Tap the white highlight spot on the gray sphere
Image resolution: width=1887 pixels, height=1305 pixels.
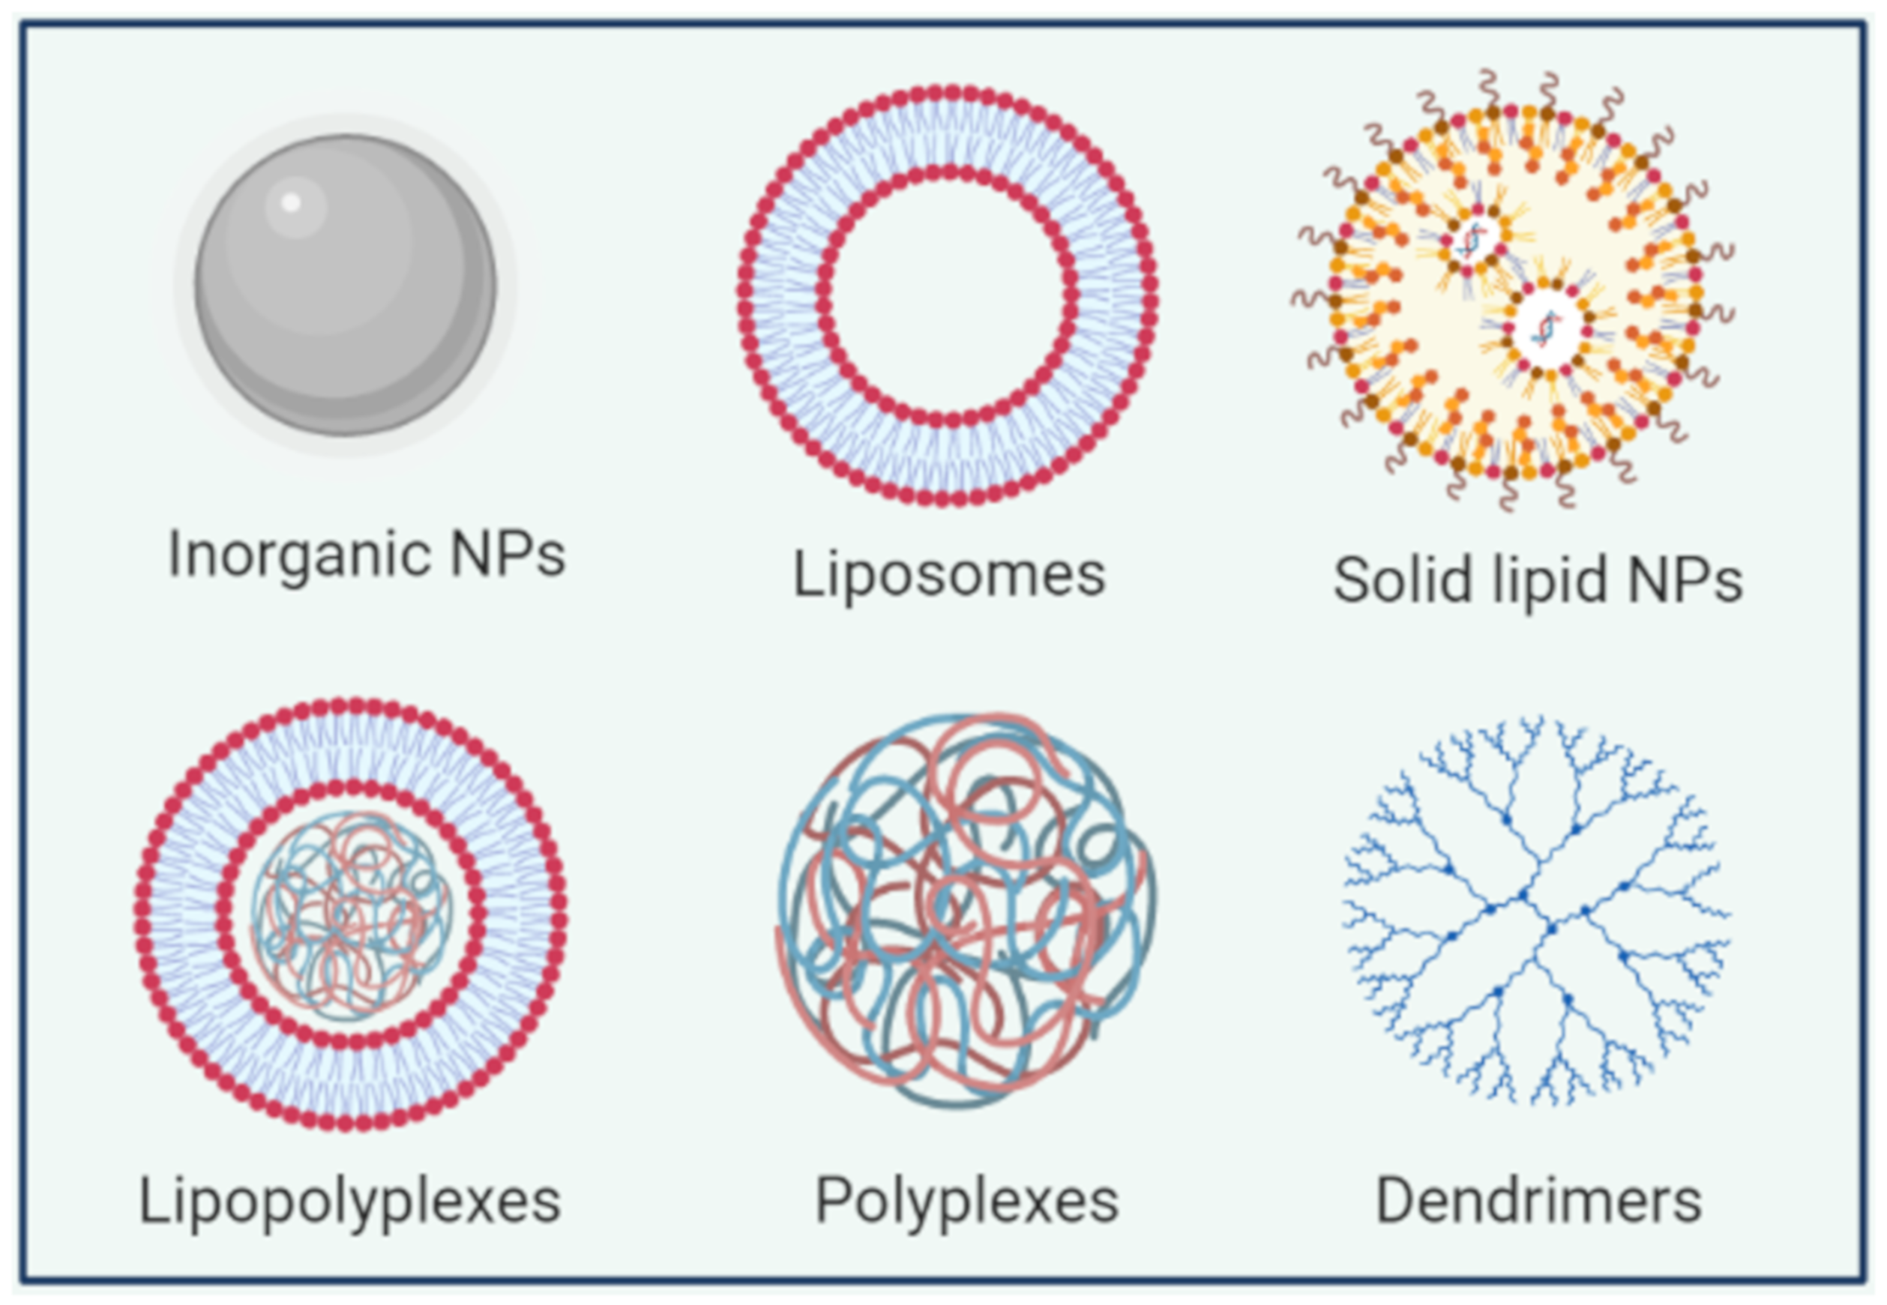pyautogui.click(x=290, y=202)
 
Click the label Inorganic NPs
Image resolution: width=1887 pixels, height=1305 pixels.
pyautogui.click(x=367, y=555)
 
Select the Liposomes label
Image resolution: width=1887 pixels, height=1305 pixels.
pyautogui.click(x=948, y=574)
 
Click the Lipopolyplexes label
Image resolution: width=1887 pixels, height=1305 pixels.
pyautogui.click(x=350, y=1200)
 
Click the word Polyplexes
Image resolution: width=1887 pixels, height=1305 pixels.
pyautogui.click(x=966, y=1200)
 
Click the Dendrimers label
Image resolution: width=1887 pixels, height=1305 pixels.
pyautogui.click(x=1538, y=1200)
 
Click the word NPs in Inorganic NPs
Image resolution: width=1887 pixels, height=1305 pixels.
pyautogui.click(x=508, y=555)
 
